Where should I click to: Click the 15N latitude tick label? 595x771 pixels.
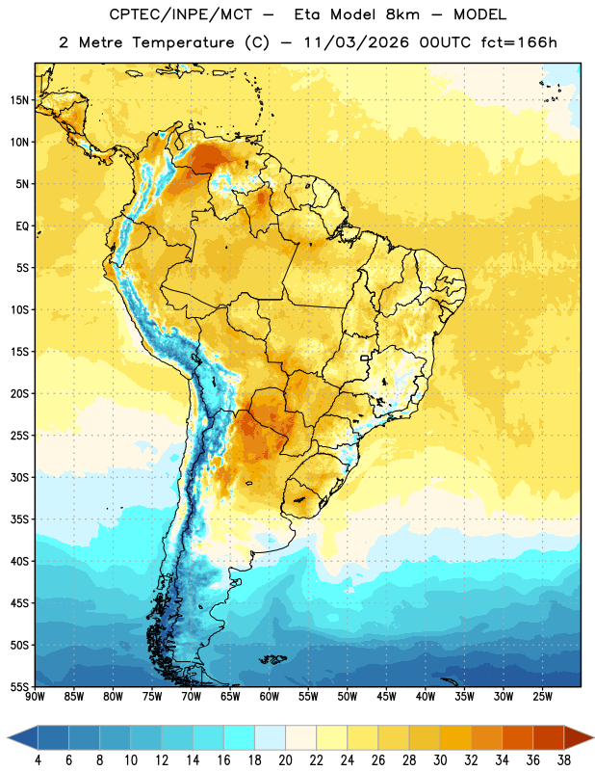click(x=19, y=100)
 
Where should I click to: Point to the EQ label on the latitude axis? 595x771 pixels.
click(x=22, y=226)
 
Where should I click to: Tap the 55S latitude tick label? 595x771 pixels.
click(x=19, y=686)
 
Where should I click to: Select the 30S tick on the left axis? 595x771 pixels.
click(x=19, y=477)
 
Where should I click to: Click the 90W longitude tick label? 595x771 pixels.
click(x=35, y=697)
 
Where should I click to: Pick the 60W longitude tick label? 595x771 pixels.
click(x=270, y=697)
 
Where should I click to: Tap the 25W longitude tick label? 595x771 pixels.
click(x=542, y=697)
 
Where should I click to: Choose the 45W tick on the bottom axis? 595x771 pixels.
click(x=386, y=697)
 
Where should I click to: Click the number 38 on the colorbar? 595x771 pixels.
click(x=564, y=760)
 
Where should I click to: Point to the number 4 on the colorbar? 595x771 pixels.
click(x=38, y=760)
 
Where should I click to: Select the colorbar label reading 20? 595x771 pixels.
click(x=285, y=760)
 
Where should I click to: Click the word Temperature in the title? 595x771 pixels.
click(x=183, y=42)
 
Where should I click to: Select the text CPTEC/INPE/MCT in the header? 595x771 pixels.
click(x=181, y=14)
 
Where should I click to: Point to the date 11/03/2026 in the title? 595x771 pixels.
click(x=356, y=42)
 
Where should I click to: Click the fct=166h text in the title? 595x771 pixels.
click(x=519, y=42)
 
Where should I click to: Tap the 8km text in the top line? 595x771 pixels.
click(x=402, y=14)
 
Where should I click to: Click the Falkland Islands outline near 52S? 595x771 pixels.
click(x=272, y=659)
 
